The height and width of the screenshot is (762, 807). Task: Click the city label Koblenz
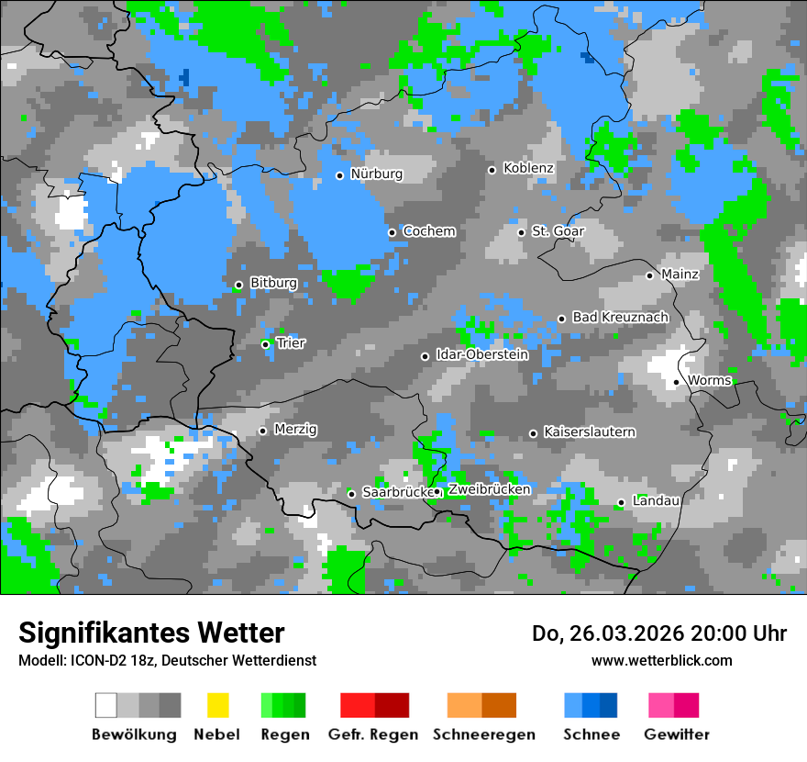(528, 169)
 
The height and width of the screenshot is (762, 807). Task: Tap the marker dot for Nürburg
(339, 175)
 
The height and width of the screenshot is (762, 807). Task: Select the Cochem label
(429, 231)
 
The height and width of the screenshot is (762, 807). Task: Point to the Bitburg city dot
(238, 285)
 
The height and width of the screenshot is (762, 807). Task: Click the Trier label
(291, 343)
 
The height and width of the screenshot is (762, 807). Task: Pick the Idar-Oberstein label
(482, 354)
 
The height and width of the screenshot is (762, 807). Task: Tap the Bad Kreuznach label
(620, 317)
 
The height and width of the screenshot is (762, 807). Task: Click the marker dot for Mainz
(649, 275)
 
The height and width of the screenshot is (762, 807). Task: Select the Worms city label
(710, 380)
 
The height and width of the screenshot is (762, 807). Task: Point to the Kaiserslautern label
(589, 431)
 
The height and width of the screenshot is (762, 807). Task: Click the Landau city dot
(621, 502)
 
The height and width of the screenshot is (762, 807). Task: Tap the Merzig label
(295, 430)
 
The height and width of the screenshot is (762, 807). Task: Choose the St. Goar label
(558, 231)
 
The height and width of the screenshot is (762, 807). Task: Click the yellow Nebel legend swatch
(217, 705)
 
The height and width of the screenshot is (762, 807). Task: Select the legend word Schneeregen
(483, 734)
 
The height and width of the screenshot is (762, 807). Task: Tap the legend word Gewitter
(677, 734)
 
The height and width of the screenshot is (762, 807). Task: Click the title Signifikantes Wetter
(151, 633)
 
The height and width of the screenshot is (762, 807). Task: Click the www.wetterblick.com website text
(661, 661)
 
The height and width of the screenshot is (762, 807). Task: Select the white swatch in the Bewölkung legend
(106, 705)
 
